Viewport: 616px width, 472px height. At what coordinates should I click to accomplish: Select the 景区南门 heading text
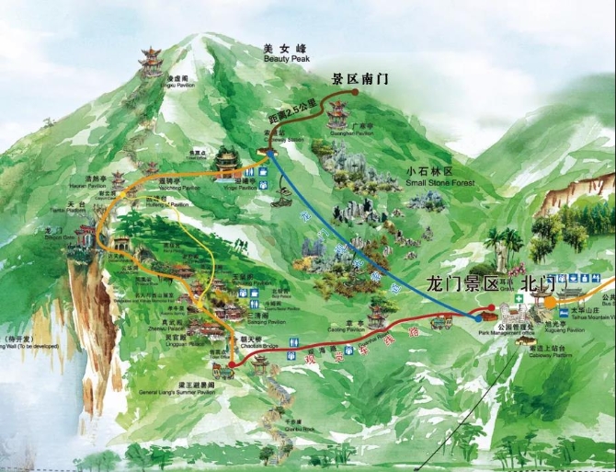[x=359, y=79]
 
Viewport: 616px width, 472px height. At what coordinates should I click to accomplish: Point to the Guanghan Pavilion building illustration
[x=338, y=113]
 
